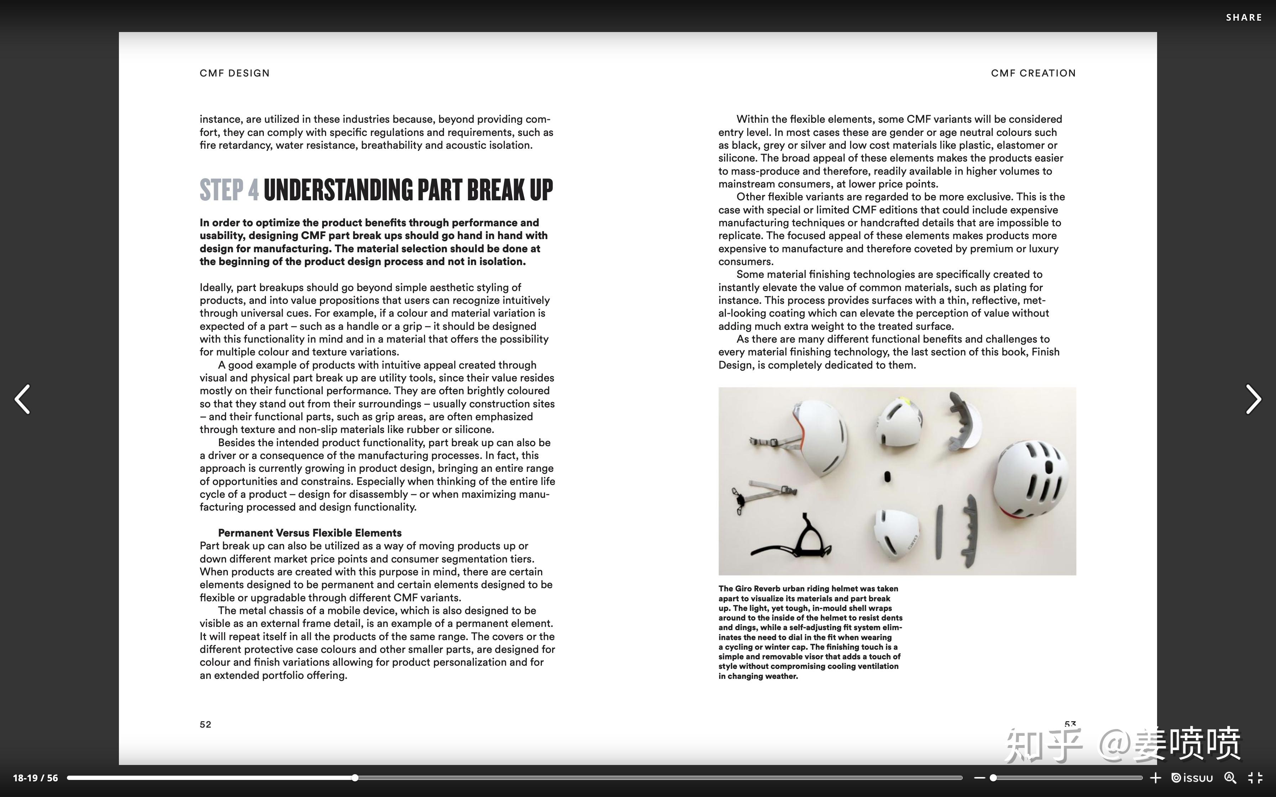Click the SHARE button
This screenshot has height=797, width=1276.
[x=1243, y=17]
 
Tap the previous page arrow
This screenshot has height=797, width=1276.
[x=22, y=399]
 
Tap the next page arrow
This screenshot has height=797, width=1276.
[x=1253, y=399]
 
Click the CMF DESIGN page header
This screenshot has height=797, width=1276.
[x=235, y=73]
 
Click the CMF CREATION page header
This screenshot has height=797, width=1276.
[x=1033, y=73]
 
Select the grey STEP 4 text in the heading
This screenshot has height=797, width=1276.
[x=229, y=190]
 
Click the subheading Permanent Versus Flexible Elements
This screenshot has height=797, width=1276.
[x=309, y=533]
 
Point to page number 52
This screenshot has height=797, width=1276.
[x=205, y=725]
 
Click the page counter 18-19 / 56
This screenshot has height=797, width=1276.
[x=35, y=778]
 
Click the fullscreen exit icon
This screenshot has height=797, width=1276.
[x=1255, y=778]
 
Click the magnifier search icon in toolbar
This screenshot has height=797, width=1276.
[x=1230, y=778]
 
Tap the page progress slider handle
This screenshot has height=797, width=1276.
[x=355, y=778]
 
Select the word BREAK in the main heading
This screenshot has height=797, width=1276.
[x=496, y=190]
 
